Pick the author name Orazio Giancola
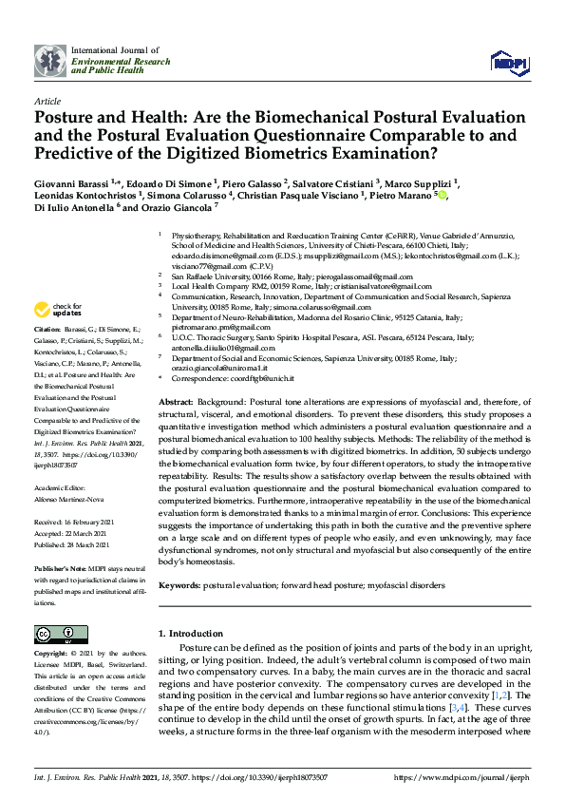[170, 206]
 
